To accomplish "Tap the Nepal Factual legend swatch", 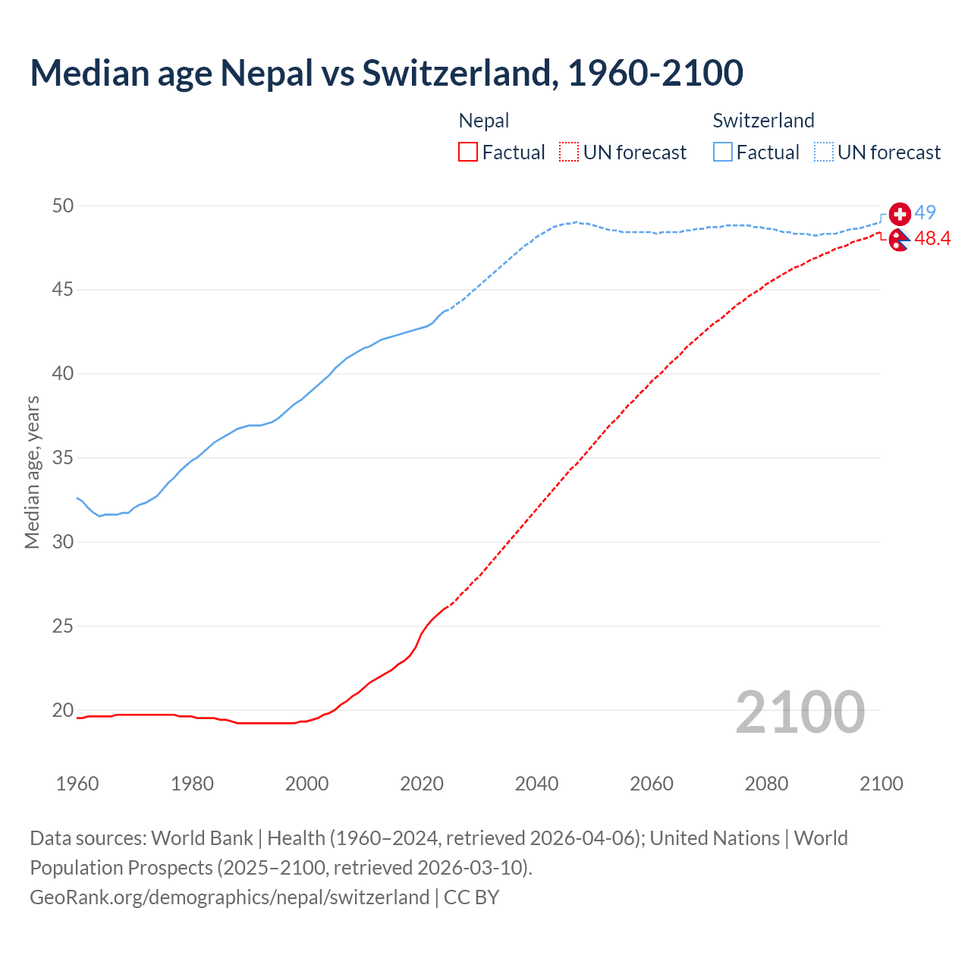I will [x=468, y=152].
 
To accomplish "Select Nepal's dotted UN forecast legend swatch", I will [x=569, y=152].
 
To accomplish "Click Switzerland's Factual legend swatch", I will [x=723, y=152].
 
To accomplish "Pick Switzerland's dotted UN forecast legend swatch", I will [x=824, y=152].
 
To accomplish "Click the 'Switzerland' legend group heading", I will [x=763, y=121].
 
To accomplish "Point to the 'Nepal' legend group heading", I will [x=484, y=121].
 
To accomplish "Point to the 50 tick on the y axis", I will [x=64, y=206].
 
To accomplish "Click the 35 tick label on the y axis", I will [x=64, y=458].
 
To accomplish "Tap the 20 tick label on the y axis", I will [x=64, y=711].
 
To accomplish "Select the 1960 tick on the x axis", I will [x=77, y=784].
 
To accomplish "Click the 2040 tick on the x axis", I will [x=536, y=784].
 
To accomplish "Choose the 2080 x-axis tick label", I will [x=766, y=784].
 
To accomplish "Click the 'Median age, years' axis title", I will [x=32, y=472].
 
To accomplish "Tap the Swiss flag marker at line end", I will [x=900, y=214].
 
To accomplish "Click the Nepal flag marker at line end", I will [x=899, y=240].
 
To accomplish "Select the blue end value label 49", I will [x=925, y=212].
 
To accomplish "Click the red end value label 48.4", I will [x=932, y=239].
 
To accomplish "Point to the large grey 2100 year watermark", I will [x=800, y=712].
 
